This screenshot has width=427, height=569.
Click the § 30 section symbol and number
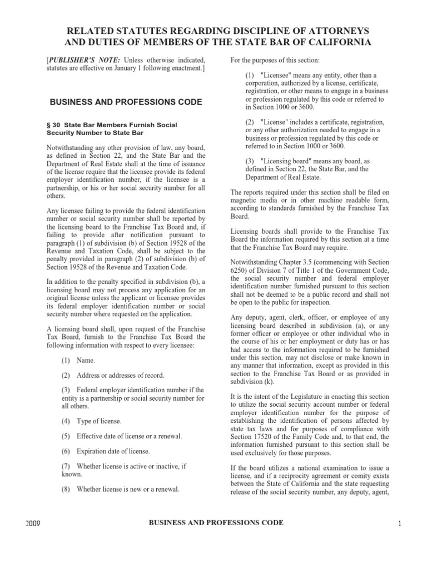point(56,125)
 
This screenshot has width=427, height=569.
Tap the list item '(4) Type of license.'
point(92,421)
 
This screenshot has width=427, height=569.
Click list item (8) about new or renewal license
point(120,489)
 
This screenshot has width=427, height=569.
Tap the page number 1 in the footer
point(399,523)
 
